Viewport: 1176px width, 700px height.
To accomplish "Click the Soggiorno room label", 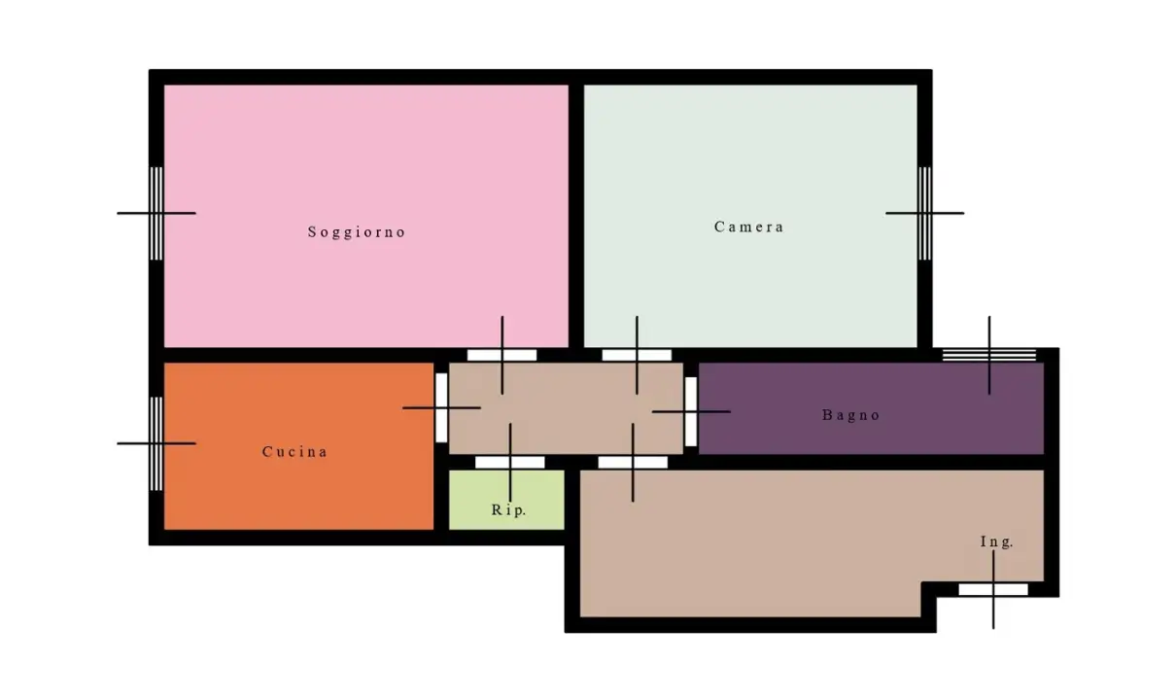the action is (x=357, y=232).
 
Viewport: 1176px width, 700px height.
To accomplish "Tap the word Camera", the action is (x=749, y=227).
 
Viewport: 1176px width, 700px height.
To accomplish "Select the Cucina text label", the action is (x=294, y=452).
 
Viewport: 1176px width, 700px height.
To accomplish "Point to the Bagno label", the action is (x=850, y=415).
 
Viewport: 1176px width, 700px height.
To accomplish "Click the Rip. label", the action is (x=508, y=509).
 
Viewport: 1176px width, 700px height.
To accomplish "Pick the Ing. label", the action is (x=996, y=542).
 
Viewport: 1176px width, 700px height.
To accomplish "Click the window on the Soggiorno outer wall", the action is (x=156, y=213).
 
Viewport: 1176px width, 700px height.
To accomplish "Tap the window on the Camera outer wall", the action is (x=925, y=213).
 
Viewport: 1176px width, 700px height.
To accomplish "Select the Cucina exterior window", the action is (x=156, y=443).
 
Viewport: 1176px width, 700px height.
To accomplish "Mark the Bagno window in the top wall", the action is (x=989, y=355).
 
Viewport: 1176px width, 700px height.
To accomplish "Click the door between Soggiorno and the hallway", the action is (x=502, y=355).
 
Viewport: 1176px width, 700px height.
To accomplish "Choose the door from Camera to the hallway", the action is (x=637, y=355).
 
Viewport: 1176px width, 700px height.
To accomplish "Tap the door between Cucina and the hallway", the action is (x=441, y=407).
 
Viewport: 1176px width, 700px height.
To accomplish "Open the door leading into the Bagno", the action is (x=691, y=411).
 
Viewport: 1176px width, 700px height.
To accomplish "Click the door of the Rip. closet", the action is (x=510, y=462).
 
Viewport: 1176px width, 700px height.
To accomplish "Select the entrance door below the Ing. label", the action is (x=993, y=589).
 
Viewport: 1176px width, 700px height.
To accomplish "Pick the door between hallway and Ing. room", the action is (x=633, y=462).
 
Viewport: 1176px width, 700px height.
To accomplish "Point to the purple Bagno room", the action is (x=871, y=408).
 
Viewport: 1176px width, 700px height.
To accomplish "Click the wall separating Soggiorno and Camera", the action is (x=576, y=216).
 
